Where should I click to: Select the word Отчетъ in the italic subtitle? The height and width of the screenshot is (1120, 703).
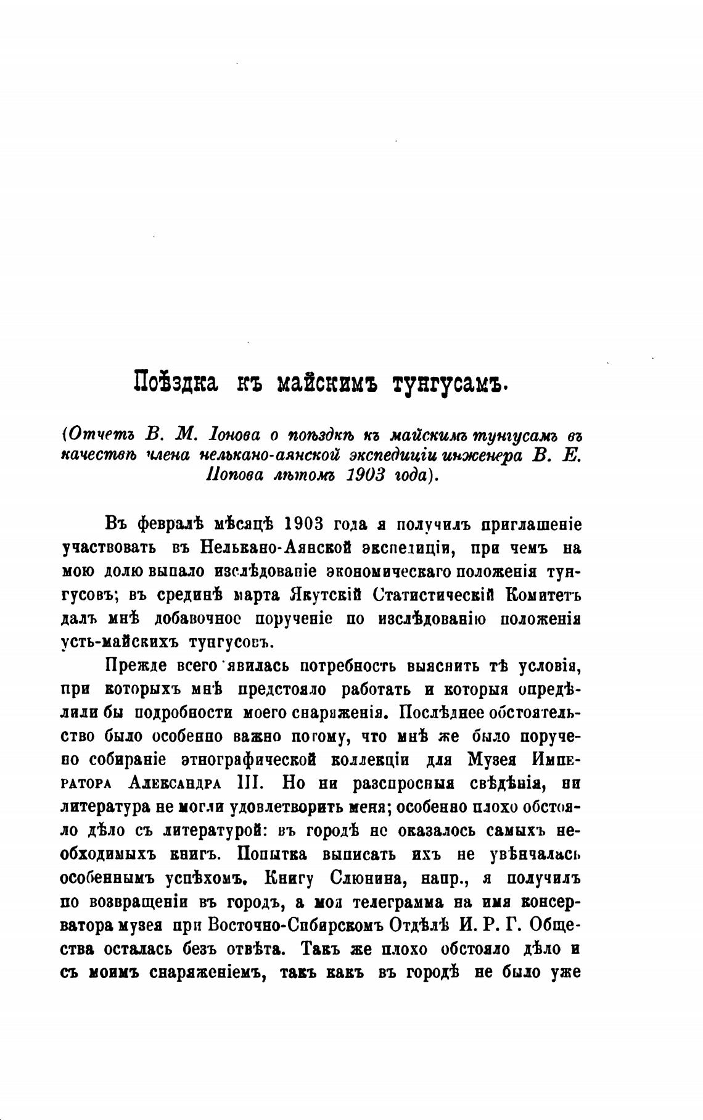coord(100,434)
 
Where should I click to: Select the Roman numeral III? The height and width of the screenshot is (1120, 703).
coord(250,783)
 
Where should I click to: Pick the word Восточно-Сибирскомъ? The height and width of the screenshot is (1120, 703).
coord(268,925)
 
